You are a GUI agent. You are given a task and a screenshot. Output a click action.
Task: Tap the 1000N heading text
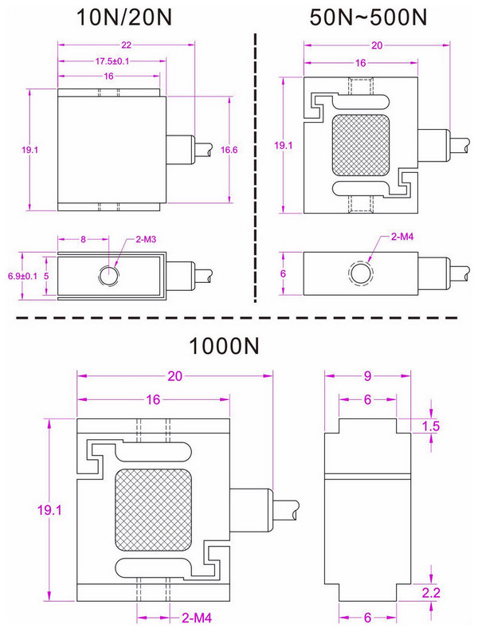pos(225,347)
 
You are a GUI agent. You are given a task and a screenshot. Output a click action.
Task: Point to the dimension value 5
pos(46,276)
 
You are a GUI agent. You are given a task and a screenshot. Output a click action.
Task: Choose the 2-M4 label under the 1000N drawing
pos(198,618)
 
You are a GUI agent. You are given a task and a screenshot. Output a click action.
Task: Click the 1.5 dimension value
pos(431,427)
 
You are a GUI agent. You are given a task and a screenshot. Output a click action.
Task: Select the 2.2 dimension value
pos(431,591)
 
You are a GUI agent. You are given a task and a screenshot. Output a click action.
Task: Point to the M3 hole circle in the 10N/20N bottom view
pos(108,275)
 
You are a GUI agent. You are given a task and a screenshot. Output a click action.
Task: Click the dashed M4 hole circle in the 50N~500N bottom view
pos(360,273)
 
